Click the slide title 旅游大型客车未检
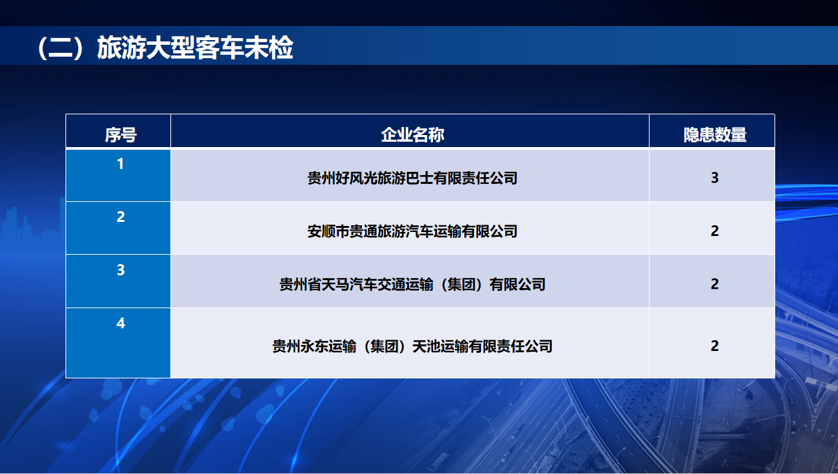point(195,47)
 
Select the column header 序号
point(120,135)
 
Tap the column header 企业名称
point(412,135)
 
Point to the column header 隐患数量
point(715,135)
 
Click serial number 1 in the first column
point(120,164)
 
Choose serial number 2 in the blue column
point(120,217)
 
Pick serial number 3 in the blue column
point(120,270)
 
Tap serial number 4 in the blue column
point(120,323)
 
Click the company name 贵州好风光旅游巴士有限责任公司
point(412,179)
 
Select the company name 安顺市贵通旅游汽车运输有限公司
point(412,231)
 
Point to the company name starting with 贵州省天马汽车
point(412,285)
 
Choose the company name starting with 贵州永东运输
point(412,346)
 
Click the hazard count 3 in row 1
point(714,178)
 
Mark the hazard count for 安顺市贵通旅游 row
point(714,231)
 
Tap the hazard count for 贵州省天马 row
point(714,284)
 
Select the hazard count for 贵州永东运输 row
point(714,346)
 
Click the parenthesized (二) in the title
point(61,48)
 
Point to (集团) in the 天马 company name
point(461,285)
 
